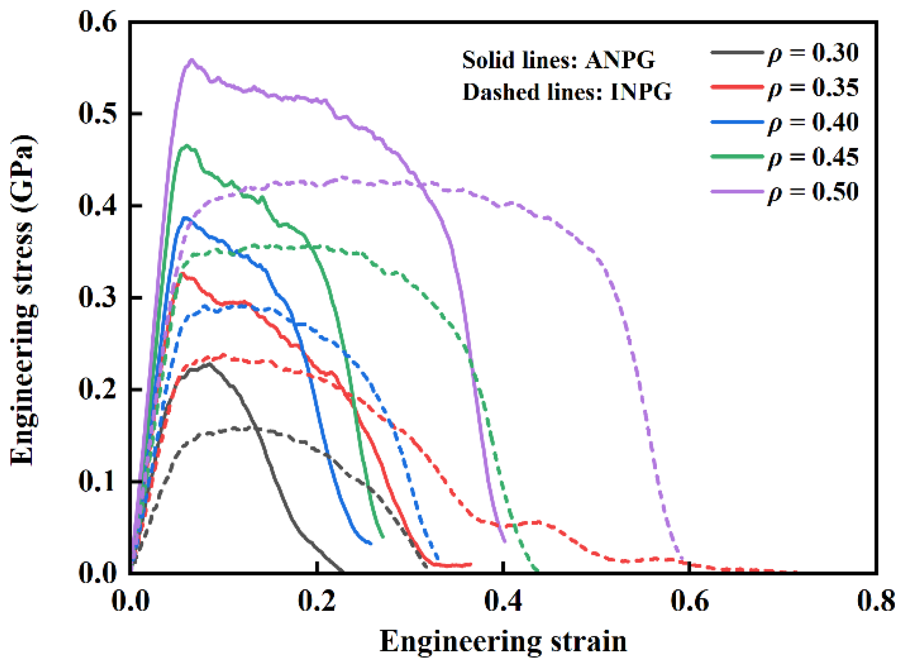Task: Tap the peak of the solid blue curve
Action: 186,217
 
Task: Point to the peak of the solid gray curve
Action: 209,364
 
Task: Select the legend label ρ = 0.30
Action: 813,53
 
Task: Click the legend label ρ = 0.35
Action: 813,88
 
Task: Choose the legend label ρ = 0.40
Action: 813,123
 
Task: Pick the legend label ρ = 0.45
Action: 813,158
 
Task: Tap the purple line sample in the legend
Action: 737,191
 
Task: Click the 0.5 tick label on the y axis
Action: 98,113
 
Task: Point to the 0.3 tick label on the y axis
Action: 98,297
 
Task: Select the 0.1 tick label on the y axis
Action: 98,482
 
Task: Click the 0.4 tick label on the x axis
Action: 503,601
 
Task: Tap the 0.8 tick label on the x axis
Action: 875,601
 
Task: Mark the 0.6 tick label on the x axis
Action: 690,601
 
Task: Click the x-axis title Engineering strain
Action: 503,642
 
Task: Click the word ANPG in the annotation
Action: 620,60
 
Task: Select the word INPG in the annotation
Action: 641,92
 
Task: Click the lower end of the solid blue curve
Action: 371,543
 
